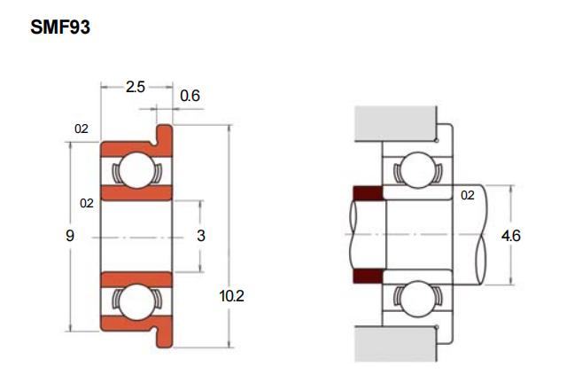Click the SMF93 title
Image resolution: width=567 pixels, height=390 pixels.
click(x=60, y=27)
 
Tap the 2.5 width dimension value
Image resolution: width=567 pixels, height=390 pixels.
click(x=136, y=87)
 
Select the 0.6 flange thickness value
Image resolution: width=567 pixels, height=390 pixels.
click(x=190, y=96)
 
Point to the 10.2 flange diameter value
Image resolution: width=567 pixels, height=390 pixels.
click(x=232, y=296)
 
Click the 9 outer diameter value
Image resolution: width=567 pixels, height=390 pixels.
click(x=70, y=236)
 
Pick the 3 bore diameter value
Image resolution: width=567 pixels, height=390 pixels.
click(x=201, y=236)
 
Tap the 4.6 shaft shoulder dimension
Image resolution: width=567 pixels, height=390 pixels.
click(x=510, y=236)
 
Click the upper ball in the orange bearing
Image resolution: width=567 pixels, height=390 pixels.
click(x=137, y=170)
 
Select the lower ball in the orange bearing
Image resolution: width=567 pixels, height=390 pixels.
click(x=137, y=302)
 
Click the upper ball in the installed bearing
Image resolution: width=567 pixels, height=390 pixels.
click(x=418, y=170)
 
